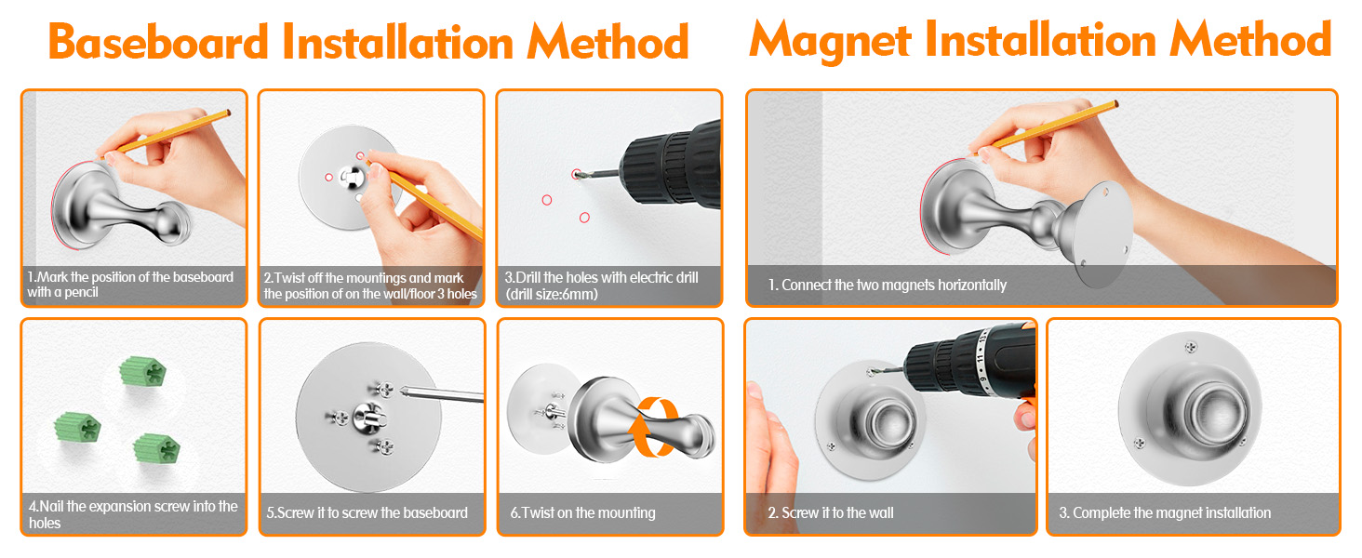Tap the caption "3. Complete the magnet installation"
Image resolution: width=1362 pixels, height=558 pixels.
(1165, 513)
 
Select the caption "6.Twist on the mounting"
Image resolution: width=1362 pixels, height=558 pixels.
(582, 513)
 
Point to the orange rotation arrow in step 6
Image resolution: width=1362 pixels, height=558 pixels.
(653, 427)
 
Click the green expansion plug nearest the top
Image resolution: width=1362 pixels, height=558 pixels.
(143, 371)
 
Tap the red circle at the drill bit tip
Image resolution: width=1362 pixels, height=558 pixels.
(576, 175)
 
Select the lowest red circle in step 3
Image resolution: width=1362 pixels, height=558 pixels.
(584, 218)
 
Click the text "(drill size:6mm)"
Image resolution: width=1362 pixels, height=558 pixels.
(552, 295)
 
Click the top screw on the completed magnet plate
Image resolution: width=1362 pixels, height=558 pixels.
(1191, 348)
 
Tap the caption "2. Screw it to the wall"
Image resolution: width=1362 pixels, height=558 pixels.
(831, 513)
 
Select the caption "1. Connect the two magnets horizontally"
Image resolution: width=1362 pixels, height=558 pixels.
(888, 286)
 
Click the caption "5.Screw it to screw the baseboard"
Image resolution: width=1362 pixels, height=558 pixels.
(367, 513)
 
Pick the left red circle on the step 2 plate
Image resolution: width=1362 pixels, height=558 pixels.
(329, 178)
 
